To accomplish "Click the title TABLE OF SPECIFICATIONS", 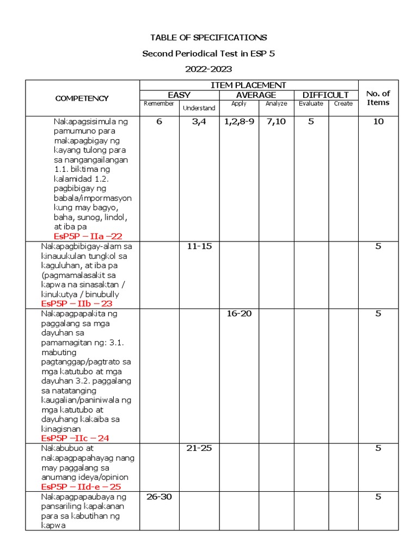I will click(208, 38).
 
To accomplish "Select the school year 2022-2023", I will click(208, 69).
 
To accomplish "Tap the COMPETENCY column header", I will click(82, 98).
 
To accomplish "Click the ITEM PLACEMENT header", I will click(248, 85).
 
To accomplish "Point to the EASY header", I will click(179, 95).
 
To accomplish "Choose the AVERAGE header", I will click(256, 95).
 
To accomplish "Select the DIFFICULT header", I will click(325, 95).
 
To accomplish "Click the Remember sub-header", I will click(159, 103).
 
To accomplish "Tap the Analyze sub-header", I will click(276, 103).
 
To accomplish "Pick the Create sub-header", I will click(343, 103).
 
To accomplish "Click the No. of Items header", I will click(378, 98).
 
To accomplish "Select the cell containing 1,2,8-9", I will click(238, 122).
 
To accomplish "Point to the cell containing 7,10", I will click(276, 122).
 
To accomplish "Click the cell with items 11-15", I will click(199, 246).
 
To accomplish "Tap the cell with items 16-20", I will click(238, 314).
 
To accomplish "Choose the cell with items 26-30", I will click(159, 497).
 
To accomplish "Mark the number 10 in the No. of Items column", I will click(378, 122).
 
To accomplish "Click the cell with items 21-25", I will click(199, 448).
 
